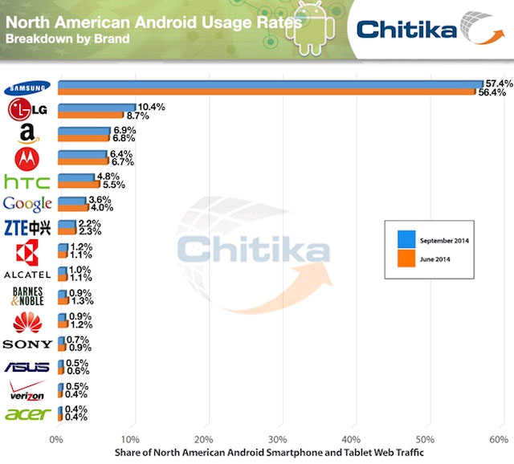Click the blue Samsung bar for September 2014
coord(269,83)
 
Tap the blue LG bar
coord(96,107)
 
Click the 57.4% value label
coord(497,83)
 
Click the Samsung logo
coord(27,88)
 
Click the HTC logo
coord(27,181)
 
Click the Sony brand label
coord(27,344)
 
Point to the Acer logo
coord(27,414)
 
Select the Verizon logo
coord(27,391)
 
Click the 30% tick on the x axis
coord(278,440)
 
